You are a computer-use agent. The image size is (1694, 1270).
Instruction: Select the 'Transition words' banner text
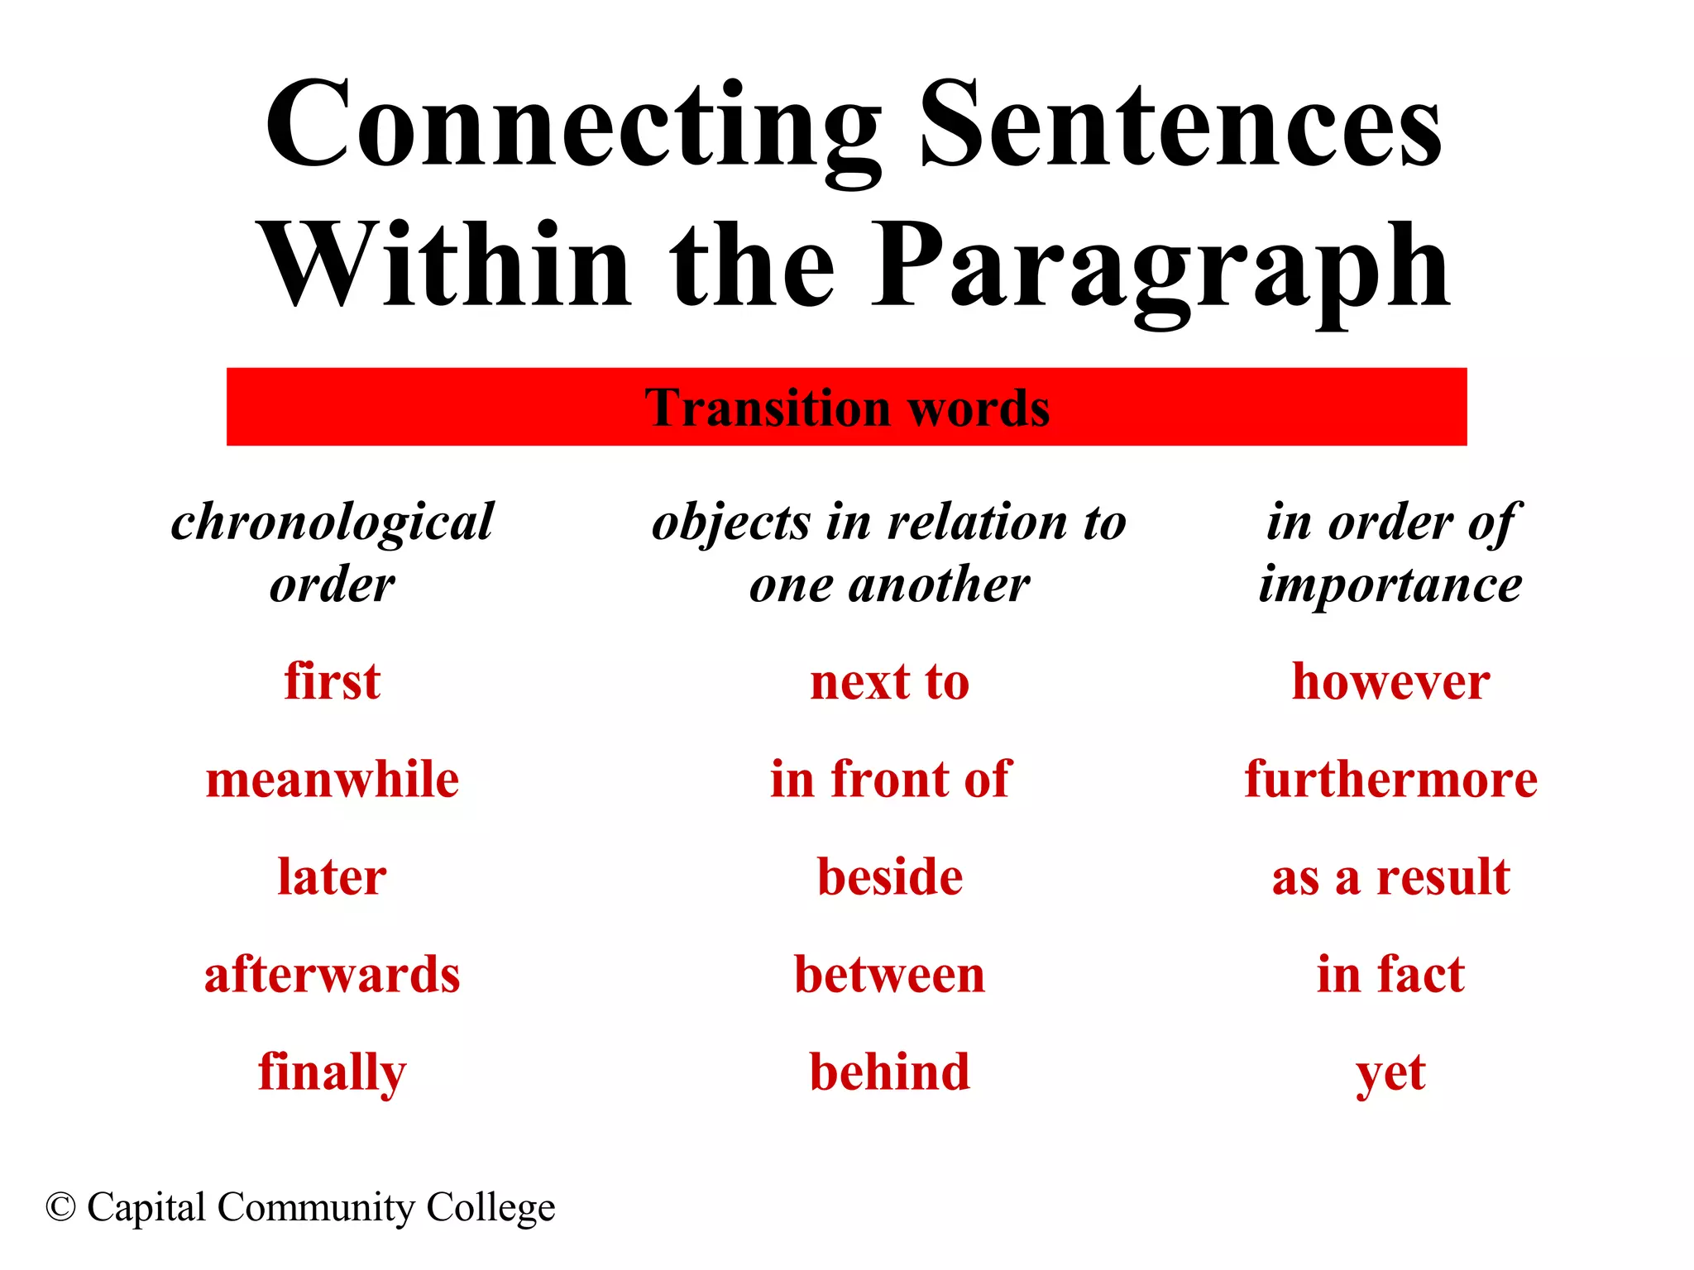(847, 408)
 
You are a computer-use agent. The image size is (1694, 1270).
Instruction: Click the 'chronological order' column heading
(333, 552)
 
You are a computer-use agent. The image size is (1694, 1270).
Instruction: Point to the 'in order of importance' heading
(1391, 552)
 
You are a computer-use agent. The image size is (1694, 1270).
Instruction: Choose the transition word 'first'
(333, 681)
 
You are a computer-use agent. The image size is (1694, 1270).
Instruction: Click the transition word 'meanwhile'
(333, 779)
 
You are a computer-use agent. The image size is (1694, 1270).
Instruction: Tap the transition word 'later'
(333, 876)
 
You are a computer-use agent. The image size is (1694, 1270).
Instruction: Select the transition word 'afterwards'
(333, 974)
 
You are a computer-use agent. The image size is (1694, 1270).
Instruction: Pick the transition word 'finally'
(333, 1072)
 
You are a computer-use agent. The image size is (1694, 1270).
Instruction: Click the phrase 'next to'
(890, 682)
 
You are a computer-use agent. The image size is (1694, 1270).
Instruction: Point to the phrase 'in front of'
(890, 779)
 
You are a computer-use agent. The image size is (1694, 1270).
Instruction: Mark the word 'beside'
(890, 876)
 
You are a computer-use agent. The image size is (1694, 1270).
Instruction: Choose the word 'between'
(890, 974)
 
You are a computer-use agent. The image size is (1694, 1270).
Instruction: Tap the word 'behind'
(890, 1072)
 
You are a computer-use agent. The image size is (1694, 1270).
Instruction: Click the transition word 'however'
(1391, 681)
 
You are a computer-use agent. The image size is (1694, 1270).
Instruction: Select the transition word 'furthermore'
(1391, 779)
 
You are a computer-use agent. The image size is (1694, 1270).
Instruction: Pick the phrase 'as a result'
(1391, 876)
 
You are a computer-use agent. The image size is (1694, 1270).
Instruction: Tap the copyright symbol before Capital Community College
(61, 1207)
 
